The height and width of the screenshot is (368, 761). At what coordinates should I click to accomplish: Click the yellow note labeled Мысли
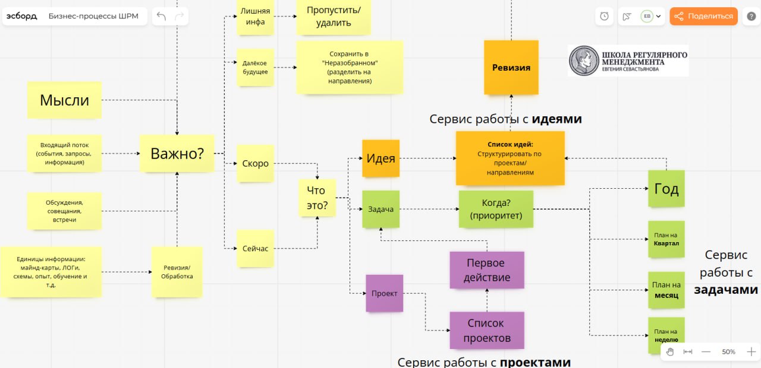tap(64, 100)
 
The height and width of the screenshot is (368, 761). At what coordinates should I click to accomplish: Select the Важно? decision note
tap(177, 154)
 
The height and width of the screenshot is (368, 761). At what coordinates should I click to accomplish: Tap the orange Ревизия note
tap(511, 67)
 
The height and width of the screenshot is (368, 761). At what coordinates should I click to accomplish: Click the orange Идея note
tap(380, 158)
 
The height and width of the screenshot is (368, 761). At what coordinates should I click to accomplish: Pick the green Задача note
tap(380, 209)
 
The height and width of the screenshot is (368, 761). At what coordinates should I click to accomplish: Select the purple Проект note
tap(384, 293)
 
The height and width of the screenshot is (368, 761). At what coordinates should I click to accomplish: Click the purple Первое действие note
tap(486, 270)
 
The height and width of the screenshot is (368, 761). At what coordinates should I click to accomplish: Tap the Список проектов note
tap(486, 331)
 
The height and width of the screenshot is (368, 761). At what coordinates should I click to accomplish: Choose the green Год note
tap(666, 189)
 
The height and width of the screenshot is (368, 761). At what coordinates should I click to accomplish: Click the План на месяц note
tap(665, 290)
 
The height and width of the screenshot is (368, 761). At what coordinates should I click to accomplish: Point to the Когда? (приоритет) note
tap(496, 209)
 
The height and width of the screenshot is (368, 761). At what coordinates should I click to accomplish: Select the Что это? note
tap(316, 198)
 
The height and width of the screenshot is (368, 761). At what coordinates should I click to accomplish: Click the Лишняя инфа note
tap(254, 16)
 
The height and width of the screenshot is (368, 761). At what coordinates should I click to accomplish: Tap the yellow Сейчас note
tap(255, 248)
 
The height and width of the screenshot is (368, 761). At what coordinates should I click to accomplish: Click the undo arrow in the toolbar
tap(161, 16)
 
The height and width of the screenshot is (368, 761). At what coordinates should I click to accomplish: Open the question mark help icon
tap(751, 16)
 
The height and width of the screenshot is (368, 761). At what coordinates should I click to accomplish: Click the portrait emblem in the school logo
tap(584, 61)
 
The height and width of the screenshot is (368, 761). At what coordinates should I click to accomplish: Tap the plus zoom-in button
tap(751, 351)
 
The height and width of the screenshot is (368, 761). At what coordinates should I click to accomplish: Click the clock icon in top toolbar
tap(605, 16)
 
